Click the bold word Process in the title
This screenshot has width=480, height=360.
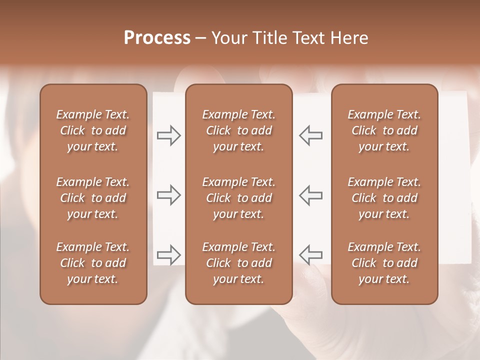click(157, 38)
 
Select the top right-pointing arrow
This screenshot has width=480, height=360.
click(168, 135)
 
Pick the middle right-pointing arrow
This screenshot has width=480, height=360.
click(168, 195)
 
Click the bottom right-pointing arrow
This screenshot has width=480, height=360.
click(168, 254)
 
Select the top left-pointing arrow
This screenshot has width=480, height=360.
click(310, 135)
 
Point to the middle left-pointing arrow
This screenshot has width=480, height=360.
click(310, 195)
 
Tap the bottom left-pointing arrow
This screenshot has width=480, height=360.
click(310, 254)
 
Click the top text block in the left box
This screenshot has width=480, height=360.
click(93, 130)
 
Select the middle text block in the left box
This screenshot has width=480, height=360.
click(93, 198)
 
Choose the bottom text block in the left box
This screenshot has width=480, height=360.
click(93, 263)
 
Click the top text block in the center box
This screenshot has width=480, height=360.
click(239, 130)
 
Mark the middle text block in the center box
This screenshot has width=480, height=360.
click(239, 198)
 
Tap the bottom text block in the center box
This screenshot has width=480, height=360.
click(239, 263)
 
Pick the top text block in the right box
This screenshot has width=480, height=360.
click(384, 130)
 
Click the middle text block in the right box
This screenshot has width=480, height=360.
click(384, 198)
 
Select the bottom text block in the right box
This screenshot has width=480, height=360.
click(384, 263)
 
